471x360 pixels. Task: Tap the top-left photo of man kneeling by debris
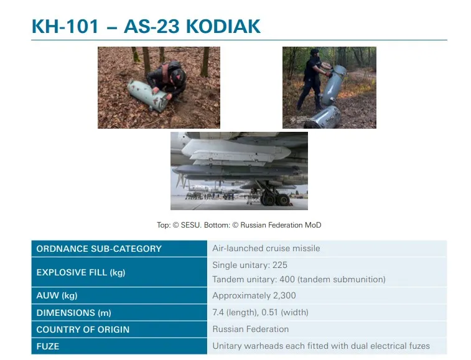click(159, 88)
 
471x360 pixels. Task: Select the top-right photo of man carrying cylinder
click(329, 88)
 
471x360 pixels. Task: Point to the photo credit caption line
click(239, 225)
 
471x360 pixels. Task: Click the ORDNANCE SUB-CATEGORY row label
click(99, 249)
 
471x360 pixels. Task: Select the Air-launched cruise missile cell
click(266, 248)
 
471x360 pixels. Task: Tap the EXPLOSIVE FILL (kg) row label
click(81, 272)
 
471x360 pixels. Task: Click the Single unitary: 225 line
click(249, 265)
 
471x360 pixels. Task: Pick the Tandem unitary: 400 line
click(299, 279)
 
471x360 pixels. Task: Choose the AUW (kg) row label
click(57, 295)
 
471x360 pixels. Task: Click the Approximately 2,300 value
click(254, 295)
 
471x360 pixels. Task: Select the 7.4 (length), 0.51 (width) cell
click(260, 312)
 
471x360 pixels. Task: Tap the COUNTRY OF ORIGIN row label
click(83, 330)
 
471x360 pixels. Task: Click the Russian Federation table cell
click(251, 329)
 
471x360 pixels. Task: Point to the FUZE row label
click(48, 346)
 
